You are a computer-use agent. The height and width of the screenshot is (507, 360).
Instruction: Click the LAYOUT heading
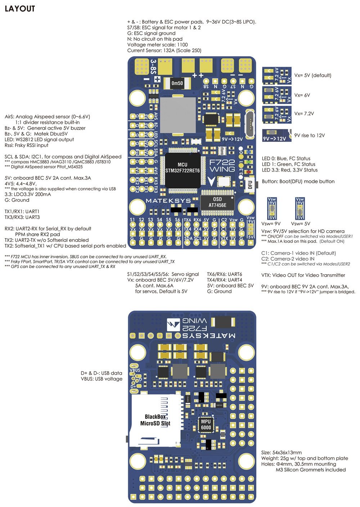tap(20, 9)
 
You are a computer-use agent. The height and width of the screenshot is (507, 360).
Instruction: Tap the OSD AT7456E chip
tap(217, 203)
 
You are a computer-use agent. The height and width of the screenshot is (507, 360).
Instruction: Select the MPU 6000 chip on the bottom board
tap(206, 425)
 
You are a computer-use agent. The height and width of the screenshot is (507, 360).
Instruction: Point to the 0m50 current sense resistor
tap(177, 83)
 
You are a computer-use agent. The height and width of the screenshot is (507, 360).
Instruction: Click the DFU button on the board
tap(250, 184)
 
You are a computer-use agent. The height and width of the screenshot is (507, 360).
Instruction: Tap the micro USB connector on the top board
tap(249, 122)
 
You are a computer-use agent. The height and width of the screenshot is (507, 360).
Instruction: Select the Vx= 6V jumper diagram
tap(276, 95)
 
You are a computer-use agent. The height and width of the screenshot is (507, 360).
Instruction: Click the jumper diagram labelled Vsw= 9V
tap(272, 208)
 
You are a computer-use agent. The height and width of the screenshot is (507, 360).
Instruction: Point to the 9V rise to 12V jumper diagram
tap(276, 135)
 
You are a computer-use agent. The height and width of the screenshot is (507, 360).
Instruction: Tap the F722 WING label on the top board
tap(222, 166)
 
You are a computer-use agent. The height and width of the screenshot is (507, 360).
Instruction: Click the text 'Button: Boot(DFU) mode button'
tap(298, 181)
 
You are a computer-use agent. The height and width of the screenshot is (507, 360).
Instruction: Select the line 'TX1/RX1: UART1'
tap(22, 212)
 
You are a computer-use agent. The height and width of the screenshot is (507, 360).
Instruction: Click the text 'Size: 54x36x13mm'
tap(281, 452)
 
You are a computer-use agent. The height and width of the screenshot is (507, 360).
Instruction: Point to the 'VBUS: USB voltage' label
tap(102, 379)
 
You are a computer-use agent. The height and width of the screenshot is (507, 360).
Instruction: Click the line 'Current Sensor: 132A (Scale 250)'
tap(164, 50)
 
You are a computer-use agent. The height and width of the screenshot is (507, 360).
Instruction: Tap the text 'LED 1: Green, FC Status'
tap(288, 164)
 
